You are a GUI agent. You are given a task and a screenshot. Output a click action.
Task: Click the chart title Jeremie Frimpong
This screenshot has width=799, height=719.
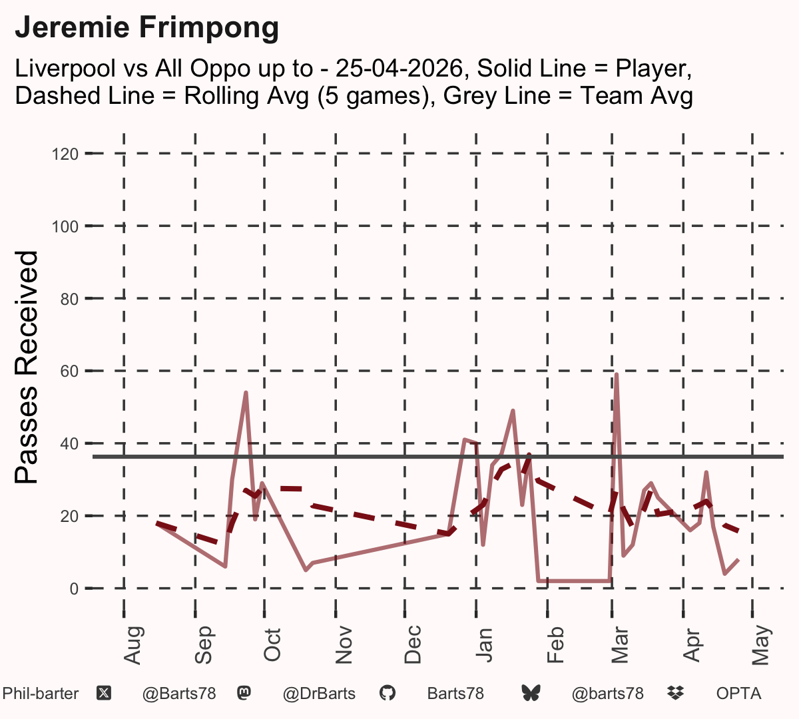(146, 29)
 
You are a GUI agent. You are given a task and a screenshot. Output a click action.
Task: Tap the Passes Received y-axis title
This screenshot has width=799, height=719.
(26, 367)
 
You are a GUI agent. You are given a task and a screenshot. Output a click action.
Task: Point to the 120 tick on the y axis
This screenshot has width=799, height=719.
(65, 154)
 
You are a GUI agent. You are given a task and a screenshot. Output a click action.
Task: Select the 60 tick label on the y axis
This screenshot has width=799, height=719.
(69, 371)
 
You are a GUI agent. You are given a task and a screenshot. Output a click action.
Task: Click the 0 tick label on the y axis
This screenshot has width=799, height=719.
(74, 589)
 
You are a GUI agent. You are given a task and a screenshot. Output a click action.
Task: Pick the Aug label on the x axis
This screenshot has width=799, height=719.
(133, 645)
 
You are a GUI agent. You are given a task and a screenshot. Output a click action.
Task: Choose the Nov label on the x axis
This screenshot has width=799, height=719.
(344, 645)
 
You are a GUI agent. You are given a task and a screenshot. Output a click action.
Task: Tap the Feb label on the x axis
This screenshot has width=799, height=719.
(555, 645)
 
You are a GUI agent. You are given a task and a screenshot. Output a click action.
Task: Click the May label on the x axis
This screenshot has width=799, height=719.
(761, 645)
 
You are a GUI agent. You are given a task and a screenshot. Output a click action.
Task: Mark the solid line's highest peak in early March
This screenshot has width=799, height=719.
(617, 374)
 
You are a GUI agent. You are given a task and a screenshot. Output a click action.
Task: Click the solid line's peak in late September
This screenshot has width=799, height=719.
(246, 392)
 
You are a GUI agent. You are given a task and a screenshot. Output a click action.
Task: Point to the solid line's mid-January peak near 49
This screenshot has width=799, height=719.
(513, 410)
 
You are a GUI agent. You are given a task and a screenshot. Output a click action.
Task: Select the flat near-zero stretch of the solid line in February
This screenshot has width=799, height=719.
(574, 581)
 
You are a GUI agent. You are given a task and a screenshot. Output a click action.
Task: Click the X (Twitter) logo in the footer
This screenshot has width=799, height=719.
(104, 694)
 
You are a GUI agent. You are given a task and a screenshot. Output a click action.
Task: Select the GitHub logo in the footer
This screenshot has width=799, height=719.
(388, 693)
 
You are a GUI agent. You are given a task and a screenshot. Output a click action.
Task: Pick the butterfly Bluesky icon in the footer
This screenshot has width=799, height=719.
(531, 693)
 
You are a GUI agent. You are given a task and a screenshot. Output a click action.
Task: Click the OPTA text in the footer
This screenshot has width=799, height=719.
(739, 694)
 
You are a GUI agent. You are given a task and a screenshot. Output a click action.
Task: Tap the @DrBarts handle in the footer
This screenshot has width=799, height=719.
(319, 694)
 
